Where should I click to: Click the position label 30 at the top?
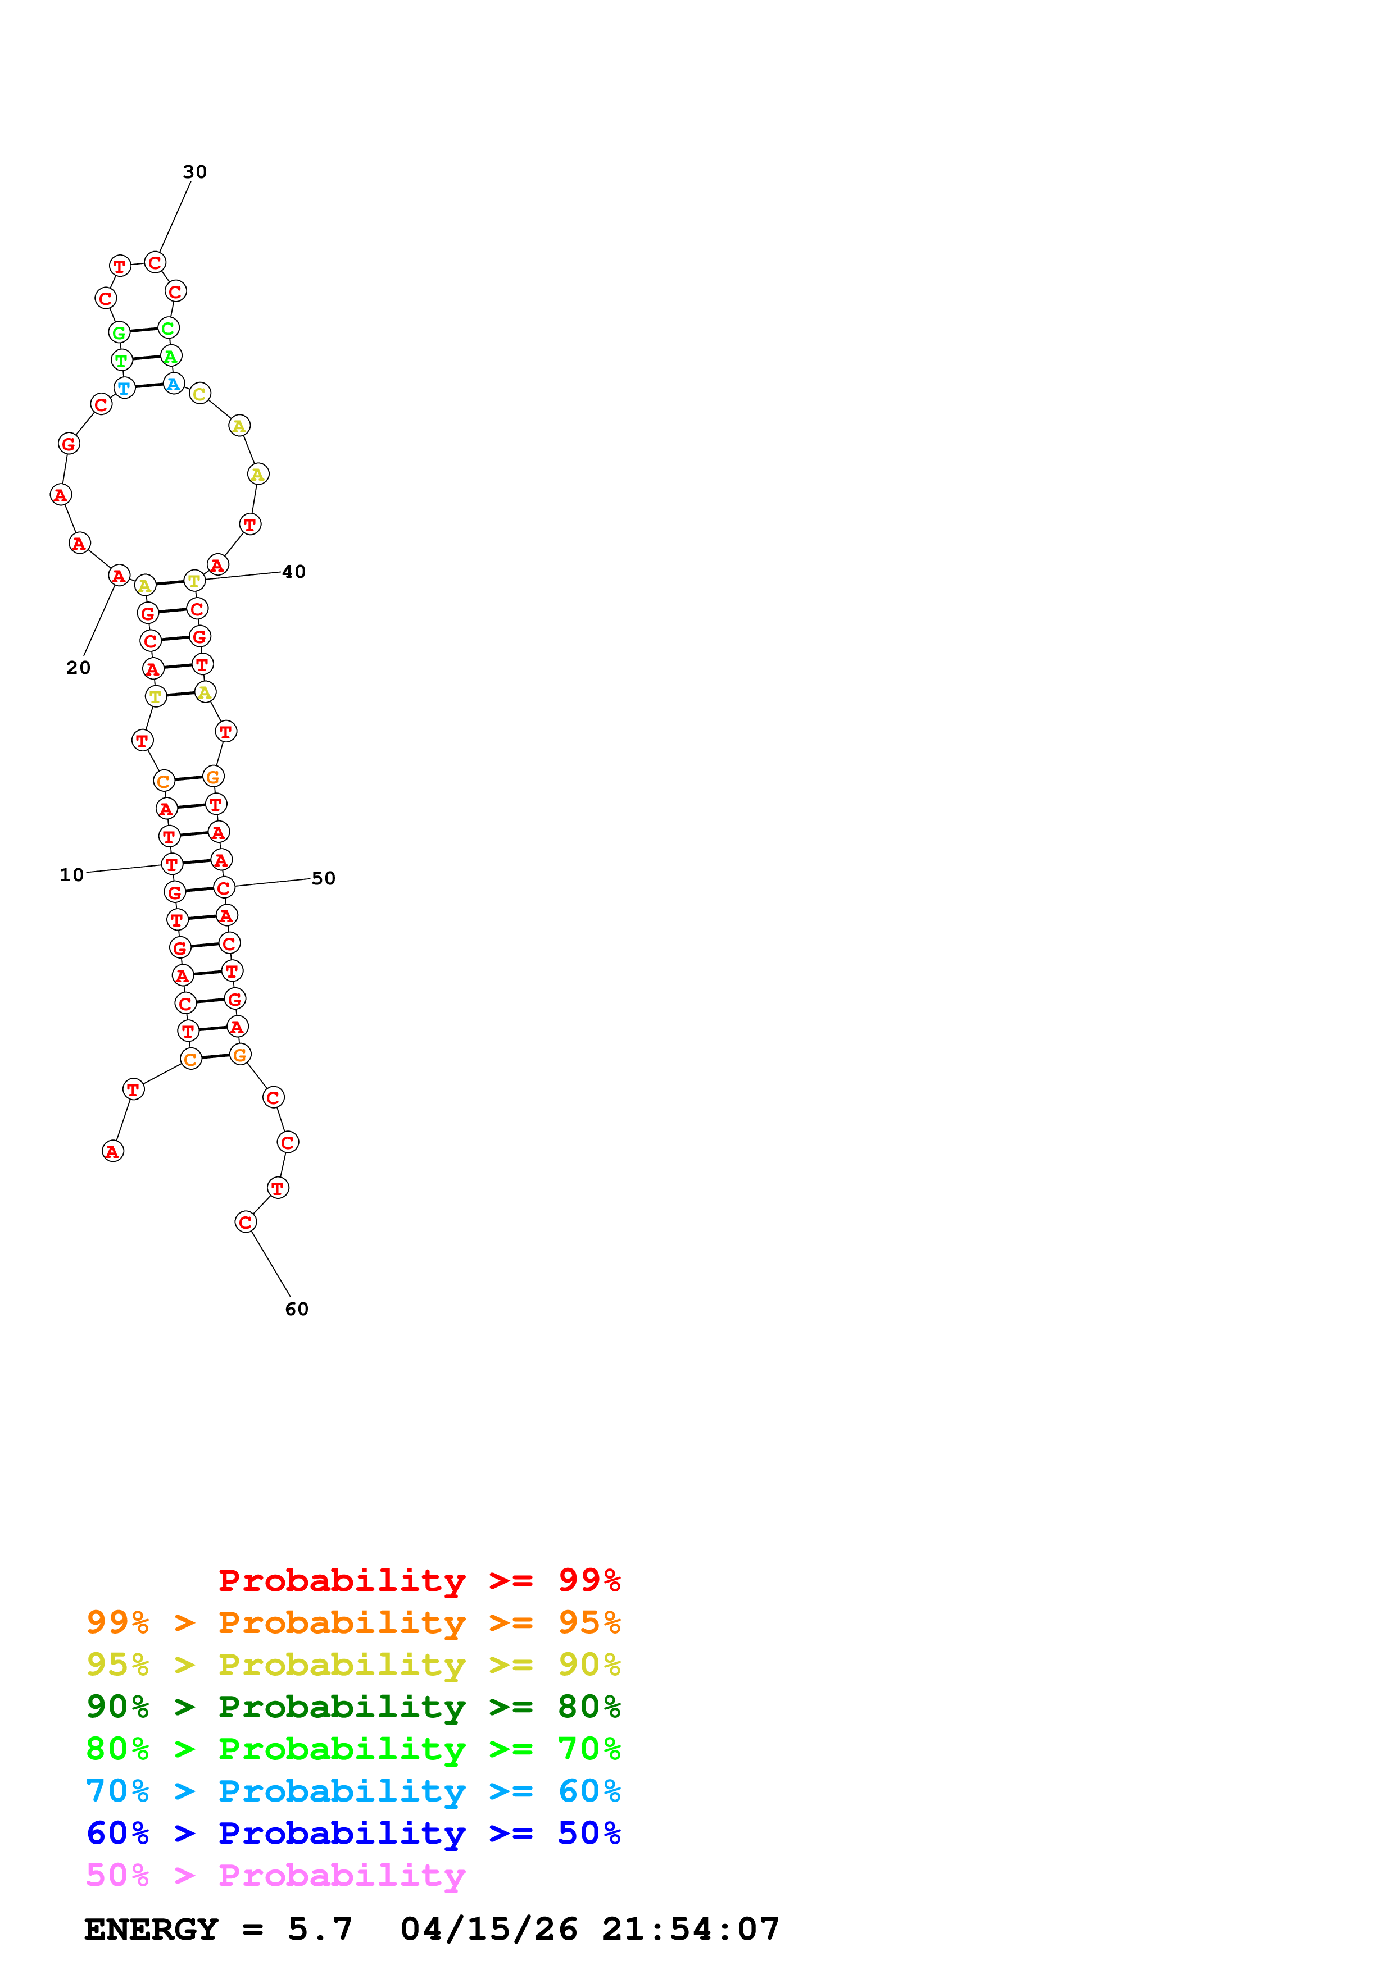[x=195, y=172]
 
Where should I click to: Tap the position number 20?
[x=78, y=668]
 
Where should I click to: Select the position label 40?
[x=293, y=572]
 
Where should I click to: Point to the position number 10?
[x=71, y=874]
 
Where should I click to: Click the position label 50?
[x=323, y=878]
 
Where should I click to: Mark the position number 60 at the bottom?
[x=296, y=1308]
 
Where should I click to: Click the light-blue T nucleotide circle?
[x=124, y=388]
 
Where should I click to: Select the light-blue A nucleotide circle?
[x=174, y=384]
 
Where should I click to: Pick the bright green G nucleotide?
[x=119, y=332]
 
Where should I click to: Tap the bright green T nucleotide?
[x=122, y=361]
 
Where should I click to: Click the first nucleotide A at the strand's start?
[x=112, y=1151]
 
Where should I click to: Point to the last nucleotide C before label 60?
[x=246, y=1222]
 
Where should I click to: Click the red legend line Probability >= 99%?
[x=419, y=1580]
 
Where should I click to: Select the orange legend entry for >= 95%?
[x=353, y=1622]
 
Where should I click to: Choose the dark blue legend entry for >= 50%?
[x=353, y=1833]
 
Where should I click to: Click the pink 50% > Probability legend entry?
[x=275, y=1875]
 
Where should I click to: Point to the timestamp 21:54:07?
[x=690, y=1929]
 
